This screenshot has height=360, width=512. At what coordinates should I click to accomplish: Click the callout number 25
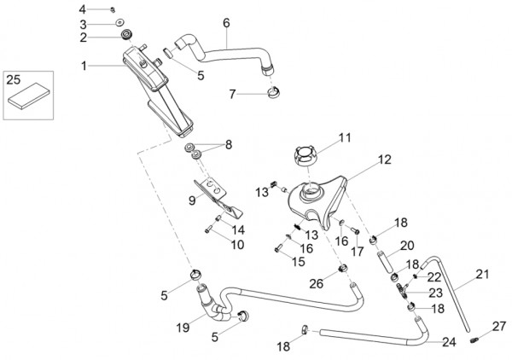pos(14,79)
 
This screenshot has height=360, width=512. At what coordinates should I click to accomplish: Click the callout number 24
pos(448,342)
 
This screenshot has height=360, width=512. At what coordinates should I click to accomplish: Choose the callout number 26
pos(315,282)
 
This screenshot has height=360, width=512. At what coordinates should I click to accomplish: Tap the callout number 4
pos(106,8)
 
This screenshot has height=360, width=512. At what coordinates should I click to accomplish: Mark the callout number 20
pos(406,246)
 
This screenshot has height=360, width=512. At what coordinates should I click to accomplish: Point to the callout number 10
pos(236,244)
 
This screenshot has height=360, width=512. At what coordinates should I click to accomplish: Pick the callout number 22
pos(434,276)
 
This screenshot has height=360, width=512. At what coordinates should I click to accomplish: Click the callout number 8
pos(228,146)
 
